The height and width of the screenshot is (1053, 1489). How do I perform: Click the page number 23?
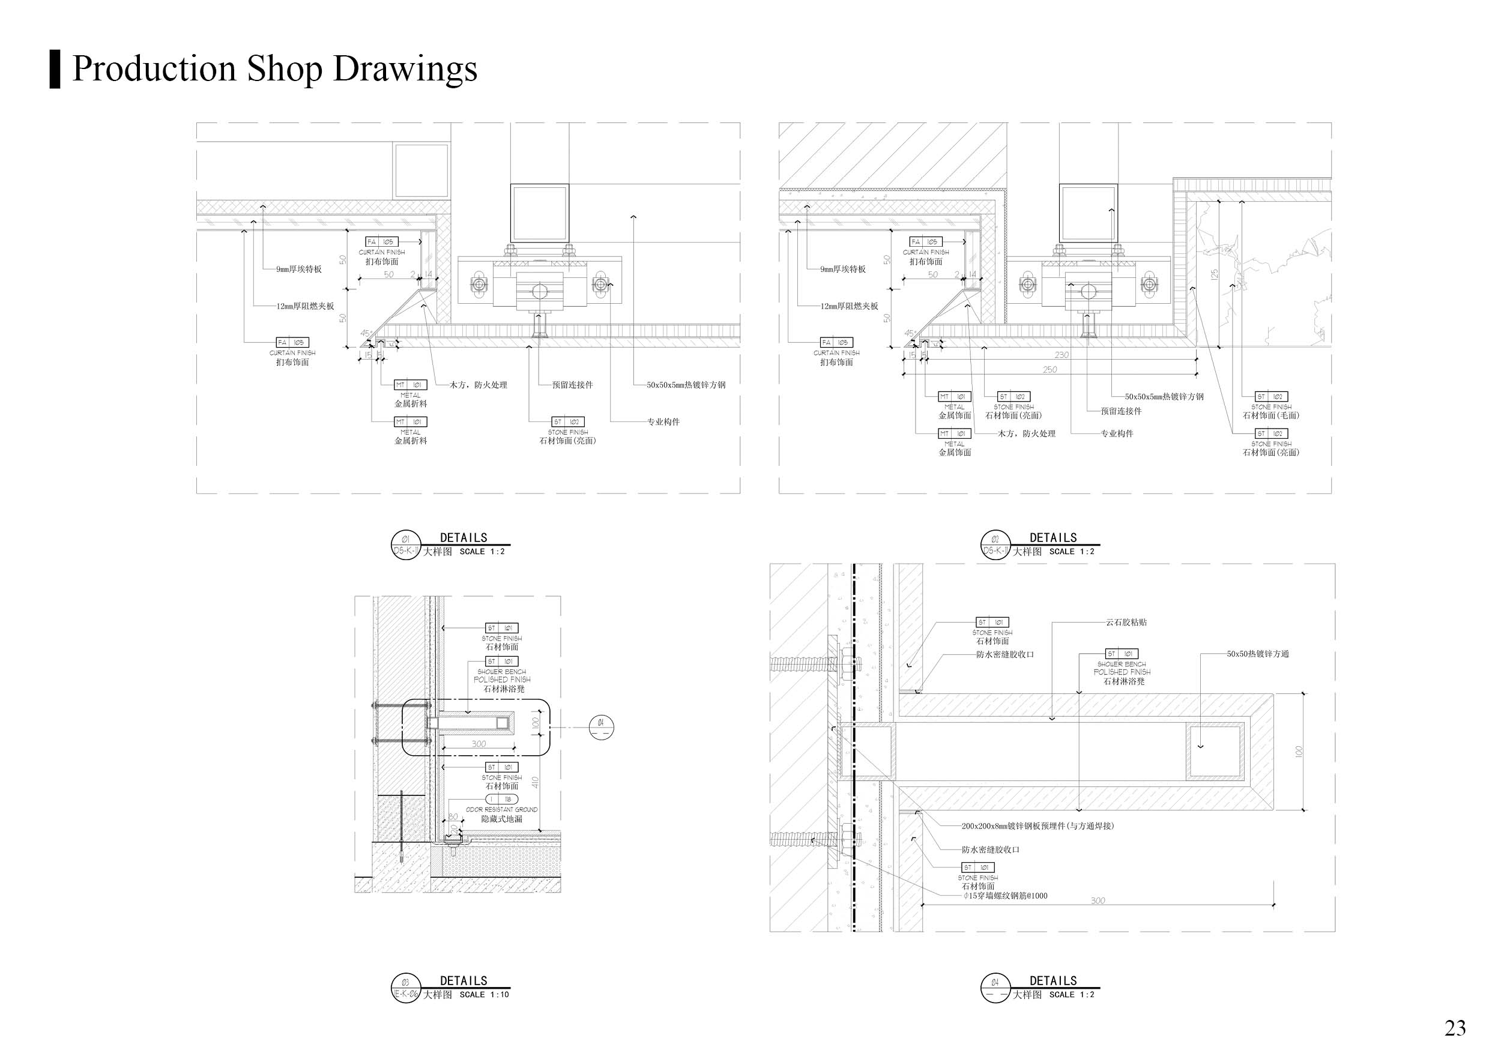pos(1455,1027)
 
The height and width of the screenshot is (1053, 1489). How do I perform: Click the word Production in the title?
pos(154,68)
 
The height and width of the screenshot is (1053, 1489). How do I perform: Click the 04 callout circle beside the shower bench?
pos(600,728)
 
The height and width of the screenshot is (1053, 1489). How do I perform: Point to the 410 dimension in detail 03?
pos(535,783)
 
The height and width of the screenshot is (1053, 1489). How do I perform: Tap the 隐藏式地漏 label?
pos(501,819)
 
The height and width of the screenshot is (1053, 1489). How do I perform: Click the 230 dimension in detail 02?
pos(1062,355)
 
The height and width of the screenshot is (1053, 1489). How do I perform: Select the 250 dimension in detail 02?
pos(1050,370)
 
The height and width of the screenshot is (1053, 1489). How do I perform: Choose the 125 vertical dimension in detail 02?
pos(1214,274)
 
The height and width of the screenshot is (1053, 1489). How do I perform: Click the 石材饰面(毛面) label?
pos(1271,415)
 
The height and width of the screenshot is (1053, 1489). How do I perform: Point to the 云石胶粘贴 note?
pos(1126,623)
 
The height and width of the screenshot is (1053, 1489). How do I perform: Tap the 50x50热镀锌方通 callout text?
pos(1257,654)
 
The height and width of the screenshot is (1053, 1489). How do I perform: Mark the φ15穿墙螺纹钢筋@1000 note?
pos(1005,896)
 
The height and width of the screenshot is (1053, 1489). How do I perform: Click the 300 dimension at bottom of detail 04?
pos(1098,901)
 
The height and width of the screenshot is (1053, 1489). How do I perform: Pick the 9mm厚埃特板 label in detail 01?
pos(298,269)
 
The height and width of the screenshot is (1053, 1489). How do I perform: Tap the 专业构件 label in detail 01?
pos(663,422)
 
